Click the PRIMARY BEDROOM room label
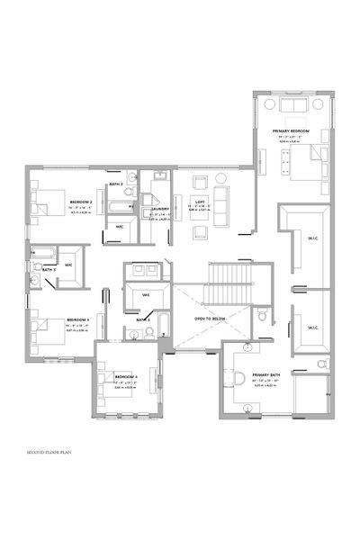[x=291, y=131]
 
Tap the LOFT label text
[x=202, y=201]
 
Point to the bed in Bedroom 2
[x=45, y=202]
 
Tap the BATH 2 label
[x=115, y=184]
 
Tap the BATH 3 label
[x=49, y=269]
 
